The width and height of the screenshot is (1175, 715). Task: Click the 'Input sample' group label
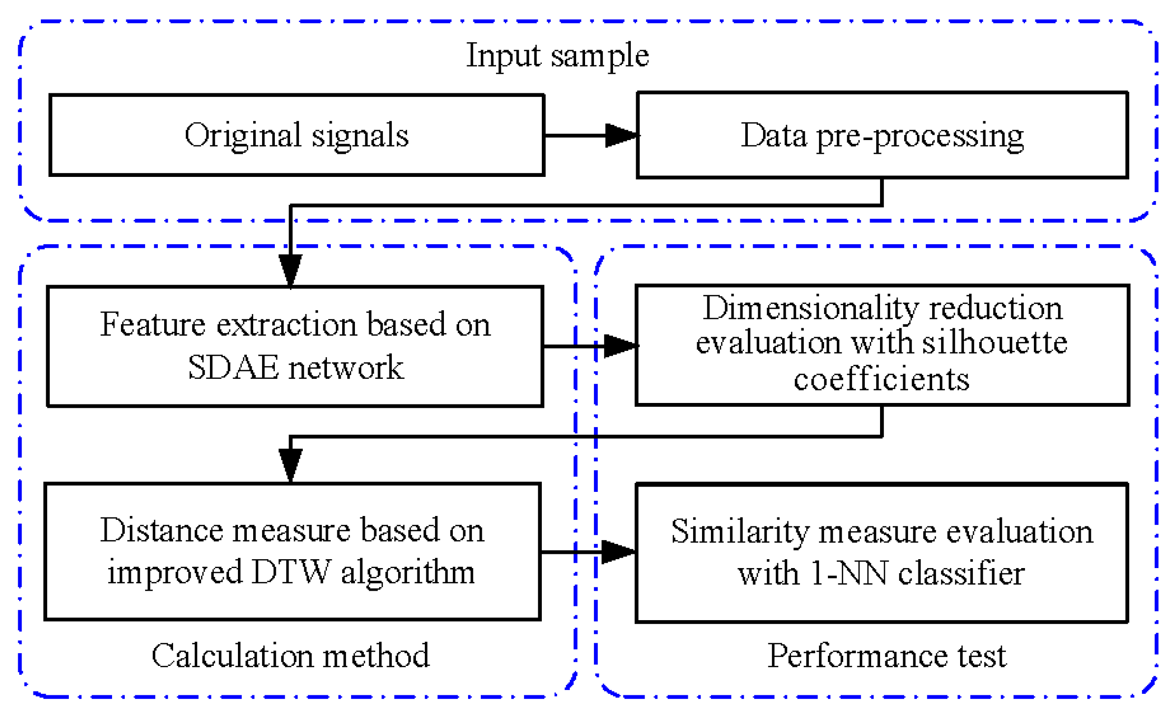click(x=557, y=55)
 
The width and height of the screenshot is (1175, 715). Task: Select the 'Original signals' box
click(x=296, y=135)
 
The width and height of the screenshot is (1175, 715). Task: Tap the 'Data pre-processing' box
click(x=881, y=135)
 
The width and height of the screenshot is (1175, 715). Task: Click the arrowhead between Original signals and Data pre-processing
click(x=620, y=135)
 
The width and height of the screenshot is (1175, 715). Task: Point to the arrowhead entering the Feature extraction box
click(x=290, y=269)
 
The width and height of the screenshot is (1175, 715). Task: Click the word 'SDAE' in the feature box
click(x=233, y=367)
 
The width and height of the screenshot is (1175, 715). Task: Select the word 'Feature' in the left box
click(x=153, y=324)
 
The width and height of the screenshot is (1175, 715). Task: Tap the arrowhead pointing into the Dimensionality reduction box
click(x=619, y=345)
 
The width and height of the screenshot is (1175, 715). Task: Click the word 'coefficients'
click(x=881, y=379)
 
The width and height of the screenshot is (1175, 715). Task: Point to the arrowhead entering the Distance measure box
click(x=290, y=464)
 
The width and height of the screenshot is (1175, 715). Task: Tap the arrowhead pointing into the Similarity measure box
click(x=617, y=551)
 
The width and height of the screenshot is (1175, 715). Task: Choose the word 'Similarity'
click(x=739, y=532)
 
